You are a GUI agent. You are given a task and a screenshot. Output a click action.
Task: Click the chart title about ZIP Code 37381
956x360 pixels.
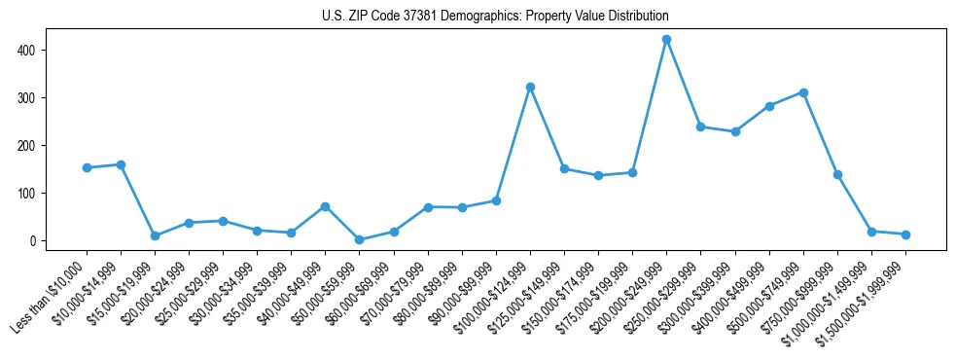[x=495, y=17]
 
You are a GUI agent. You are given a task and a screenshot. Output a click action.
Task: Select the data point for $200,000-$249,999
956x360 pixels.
[x=666, y=40]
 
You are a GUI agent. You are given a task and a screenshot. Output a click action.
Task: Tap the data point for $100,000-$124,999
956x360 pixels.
[x=530, y=88]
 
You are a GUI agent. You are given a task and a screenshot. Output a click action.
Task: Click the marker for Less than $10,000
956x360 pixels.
[x=87, y=168]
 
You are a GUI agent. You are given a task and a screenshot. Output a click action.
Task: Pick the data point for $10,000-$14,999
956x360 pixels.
[x=121, y=165]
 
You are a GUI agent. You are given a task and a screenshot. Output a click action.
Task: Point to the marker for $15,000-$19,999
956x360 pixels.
[x=155, y=235]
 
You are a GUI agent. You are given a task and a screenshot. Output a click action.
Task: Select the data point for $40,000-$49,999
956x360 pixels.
[x=325, y=206]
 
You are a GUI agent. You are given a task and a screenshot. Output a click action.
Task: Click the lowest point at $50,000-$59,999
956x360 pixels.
[x=359, y=239]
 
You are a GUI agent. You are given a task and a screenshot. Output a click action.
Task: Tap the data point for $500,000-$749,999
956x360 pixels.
[x=803, y=92]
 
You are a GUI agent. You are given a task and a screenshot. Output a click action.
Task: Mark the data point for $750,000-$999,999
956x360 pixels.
[x=837, y=175]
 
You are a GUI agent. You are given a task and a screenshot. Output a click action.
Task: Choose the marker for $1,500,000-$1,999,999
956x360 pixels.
[x=905, y=234]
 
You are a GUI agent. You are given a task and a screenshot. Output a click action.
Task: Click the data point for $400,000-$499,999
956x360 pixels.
[x=769, y=106]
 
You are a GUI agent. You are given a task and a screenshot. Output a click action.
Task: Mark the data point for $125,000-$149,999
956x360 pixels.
[x=564, y=169]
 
